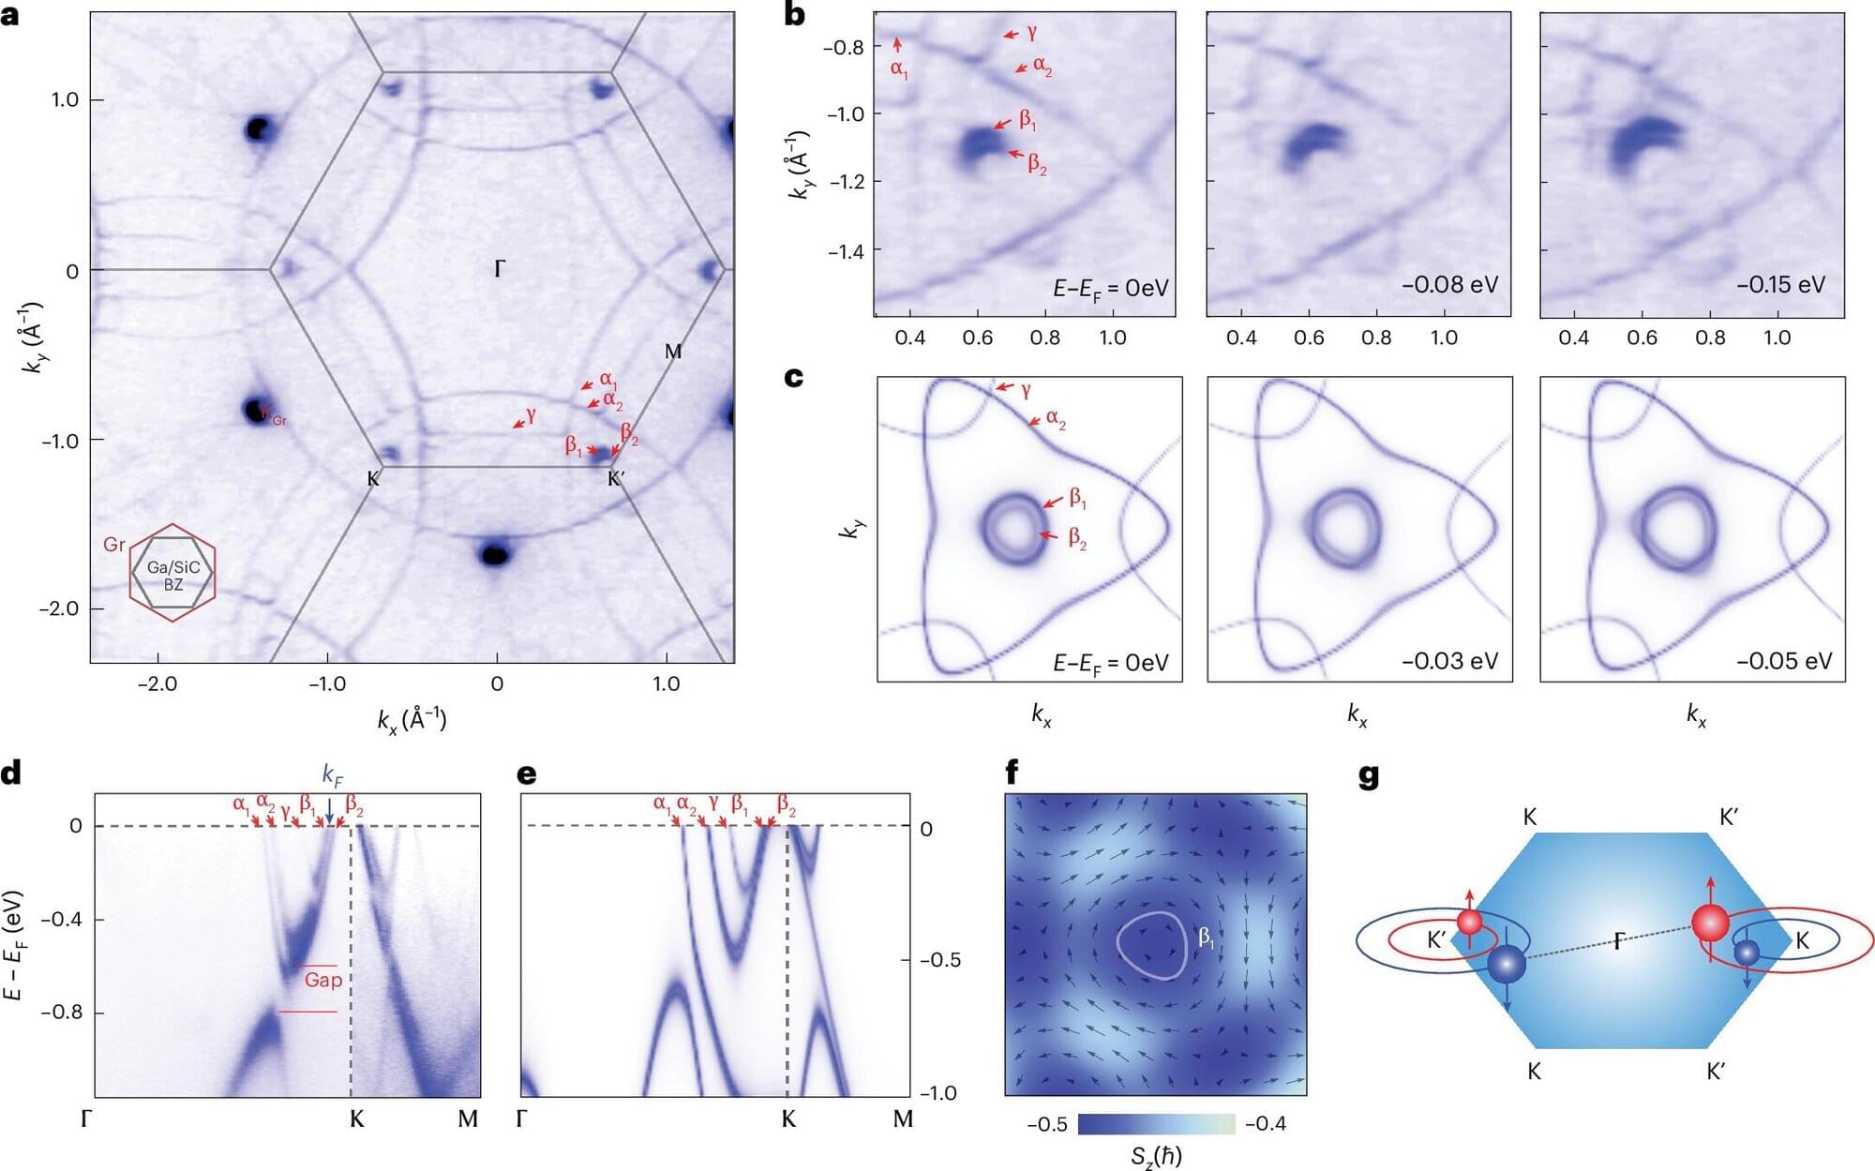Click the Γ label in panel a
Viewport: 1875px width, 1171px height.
pyautogui.click(x=499, y=270)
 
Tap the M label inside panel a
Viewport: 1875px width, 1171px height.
pyautogui.click(x=673, y=352)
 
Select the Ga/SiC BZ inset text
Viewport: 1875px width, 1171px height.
pyautogui.click(x=173, y=576)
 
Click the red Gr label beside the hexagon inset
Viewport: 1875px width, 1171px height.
pyautogui.click(x=113, y=545)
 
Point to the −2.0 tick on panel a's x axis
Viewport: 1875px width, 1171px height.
pyautogui.click(x=157, y=683)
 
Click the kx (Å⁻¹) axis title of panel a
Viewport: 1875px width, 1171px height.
pyautogui.click(x=412, y=719)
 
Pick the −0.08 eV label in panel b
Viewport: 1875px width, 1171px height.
pyautogui.click(x=1449, y=285)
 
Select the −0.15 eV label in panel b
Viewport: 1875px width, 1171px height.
pyautogui.click(x=1780, y=285)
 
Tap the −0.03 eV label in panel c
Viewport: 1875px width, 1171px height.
pyautogui.click(x=1449, y=661)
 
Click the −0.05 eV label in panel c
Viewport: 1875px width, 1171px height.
pyautogui.click(x=1783, y=661)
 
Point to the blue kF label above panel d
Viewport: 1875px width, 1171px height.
pyautogui.click(x=333, y=774)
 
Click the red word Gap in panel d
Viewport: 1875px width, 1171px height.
pyautogui.click(x=322, y=980)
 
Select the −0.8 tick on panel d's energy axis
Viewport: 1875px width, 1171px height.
pyautogui.click(x=64, y=1013)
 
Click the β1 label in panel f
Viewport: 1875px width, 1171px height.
pyautogui.click(x=1206, y=936)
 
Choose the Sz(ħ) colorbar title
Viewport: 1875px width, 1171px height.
pyautogui.click(x=1156, y=1156)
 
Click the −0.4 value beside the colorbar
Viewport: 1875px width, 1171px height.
pyautogui.click(x=1265, y=1124)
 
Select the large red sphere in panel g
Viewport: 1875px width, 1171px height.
pyautogui.click(x=1710, y=923)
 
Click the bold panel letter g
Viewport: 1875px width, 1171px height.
pyautogui.click(x=1369, y=777)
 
